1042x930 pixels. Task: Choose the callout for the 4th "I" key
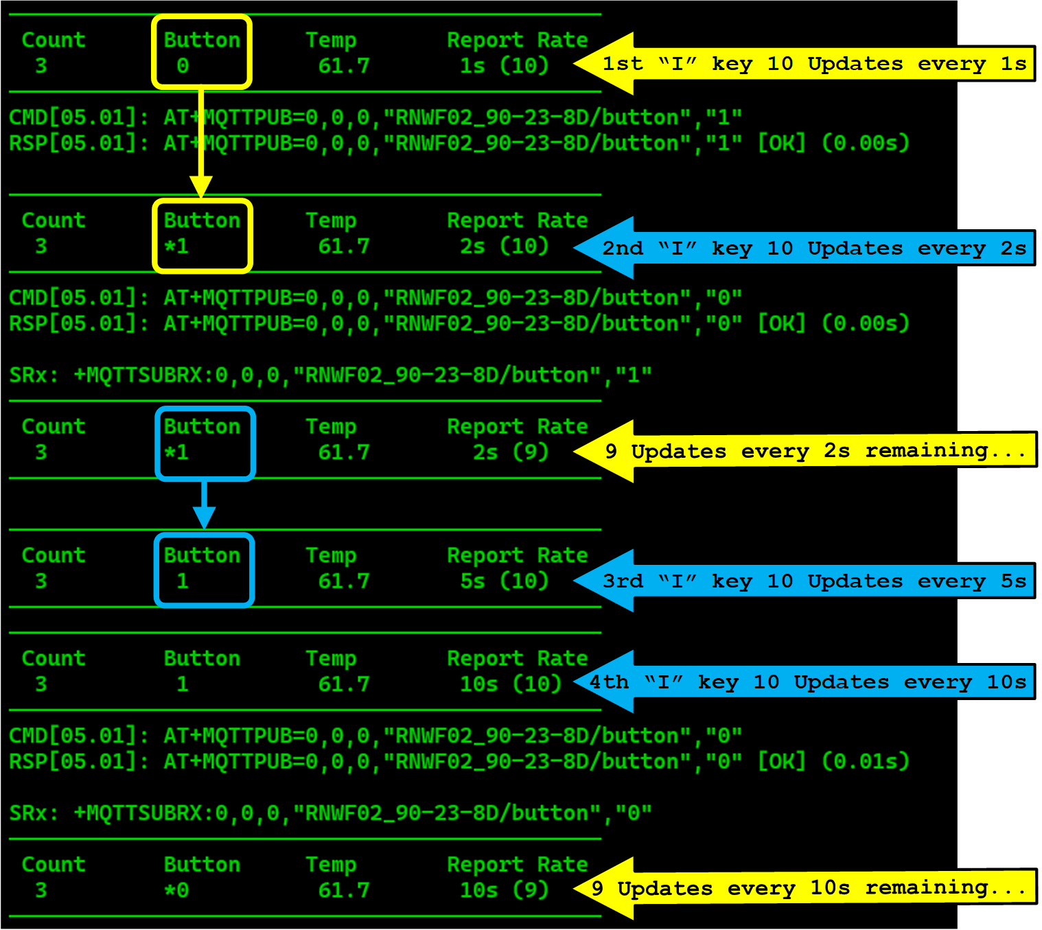(x=810, y=682)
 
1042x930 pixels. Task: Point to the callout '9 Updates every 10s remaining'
(x=810, y=888)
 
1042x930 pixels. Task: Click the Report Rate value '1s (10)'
(x=504, y=66)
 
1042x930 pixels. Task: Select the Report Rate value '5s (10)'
(x=504, y=581)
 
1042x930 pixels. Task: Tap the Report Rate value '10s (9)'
(x=504, y=890)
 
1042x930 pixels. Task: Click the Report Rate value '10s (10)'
(x=510, y=684)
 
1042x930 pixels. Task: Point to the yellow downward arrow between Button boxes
(x=201, y=144)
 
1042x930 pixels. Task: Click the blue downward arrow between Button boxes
(x=204, y=505)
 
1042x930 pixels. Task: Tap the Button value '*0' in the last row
(x=176, y=890)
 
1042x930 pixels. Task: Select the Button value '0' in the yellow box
(x=183, y=66)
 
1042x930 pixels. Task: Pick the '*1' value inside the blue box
(x=176, y=452)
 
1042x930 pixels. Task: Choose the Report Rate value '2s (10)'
(x=504, y=246)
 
